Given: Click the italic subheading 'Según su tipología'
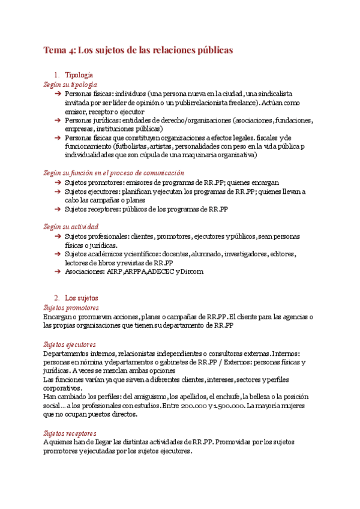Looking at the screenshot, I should tap(70, 85).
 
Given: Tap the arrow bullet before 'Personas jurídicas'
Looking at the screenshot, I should tap(57, 120).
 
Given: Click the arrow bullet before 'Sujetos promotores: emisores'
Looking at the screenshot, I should tap(57, 182).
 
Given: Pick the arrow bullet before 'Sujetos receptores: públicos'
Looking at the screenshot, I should tap(57, 209).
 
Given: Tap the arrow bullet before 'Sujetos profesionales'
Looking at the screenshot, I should tap(57, 237).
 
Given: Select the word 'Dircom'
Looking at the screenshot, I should tap(193, 271).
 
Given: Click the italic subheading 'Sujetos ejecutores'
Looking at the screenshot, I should tap(70, 345).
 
